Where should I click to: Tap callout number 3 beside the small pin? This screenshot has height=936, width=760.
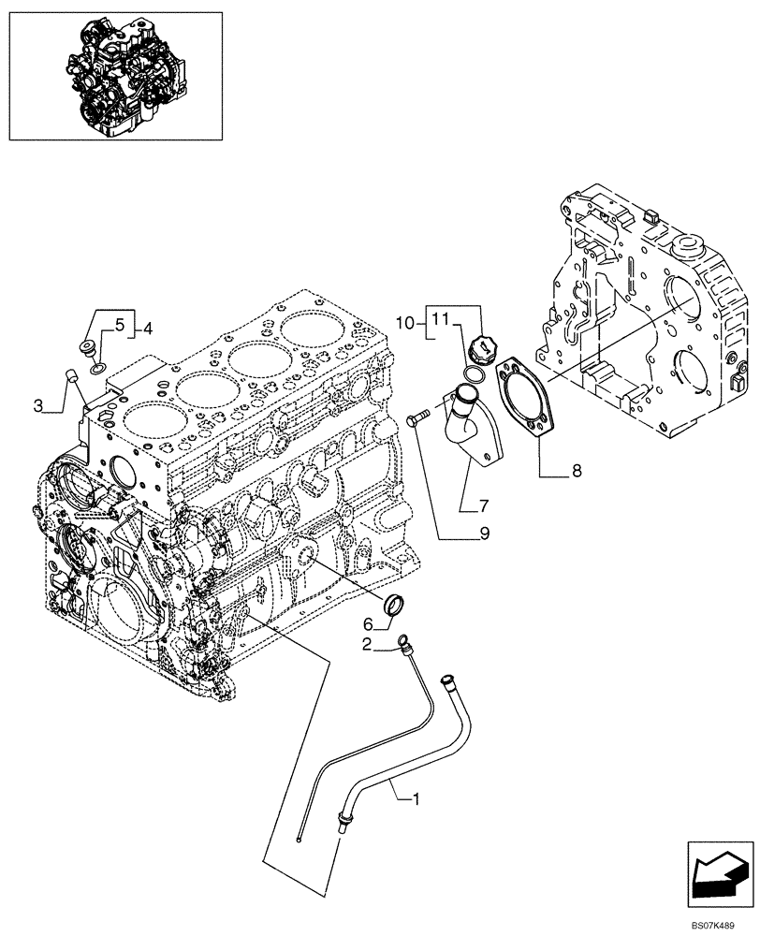[37, 405]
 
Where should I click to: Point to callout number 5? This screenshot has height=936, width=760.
[120, 325]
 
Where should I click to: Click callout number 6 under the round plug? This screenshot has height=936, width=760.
[369, 624]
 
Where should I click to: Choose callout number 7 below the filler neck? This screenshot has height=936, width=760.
[483, 506]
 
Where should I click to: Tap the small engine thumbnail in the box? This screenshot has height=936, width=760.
[116, 73]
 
